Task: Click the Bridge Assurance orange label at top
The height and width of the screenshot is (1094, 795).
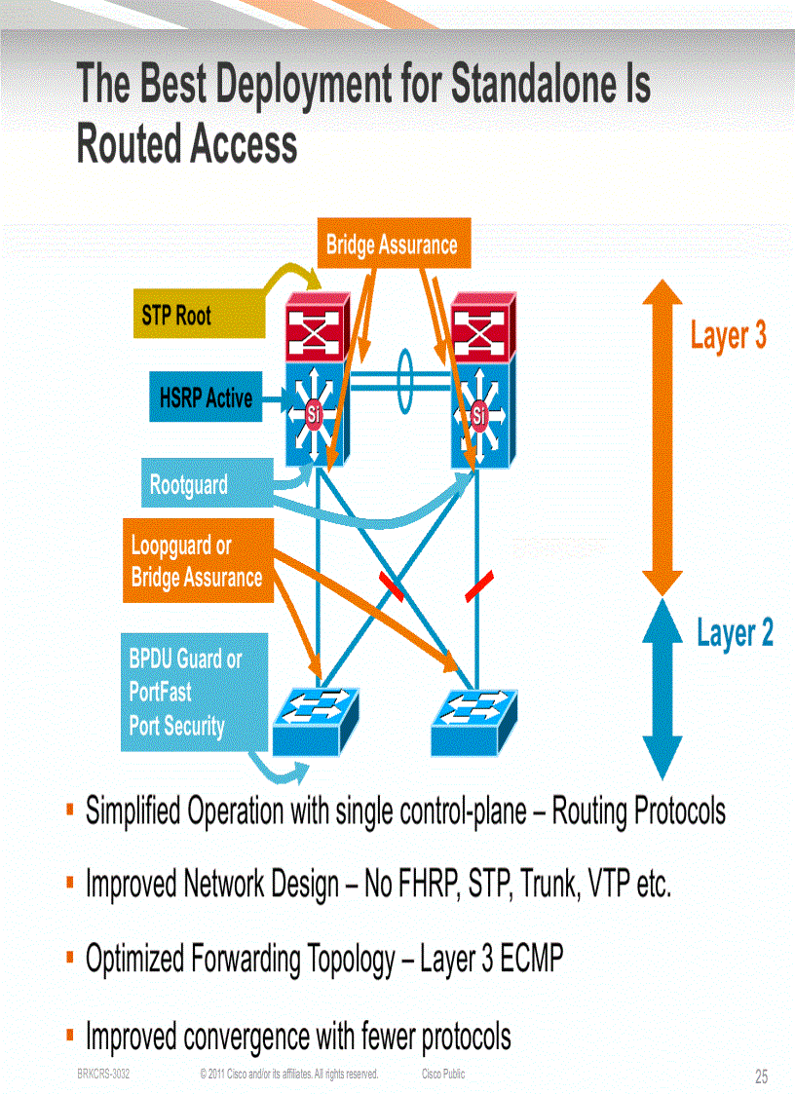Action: coord(392,245)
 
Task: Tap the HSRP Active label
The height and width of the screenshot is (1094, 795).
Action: coord(205,397)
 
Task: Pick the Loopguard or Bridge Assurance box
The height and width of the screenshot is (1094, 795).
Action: coord(197,561)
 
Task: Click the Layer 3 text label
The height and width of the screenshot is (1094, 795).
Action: coord(728,335)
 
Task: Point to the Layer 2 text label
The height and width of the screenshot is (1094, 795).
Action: coord(735,632)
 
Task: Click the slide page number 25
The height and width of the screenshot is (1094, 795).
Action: coord(761,1076)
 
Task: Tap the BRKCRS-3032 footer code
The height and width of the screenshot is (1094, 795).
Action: coord(103,1074)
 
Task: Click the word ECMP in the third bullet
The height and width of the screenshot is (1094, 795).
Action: coord(532,960)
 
